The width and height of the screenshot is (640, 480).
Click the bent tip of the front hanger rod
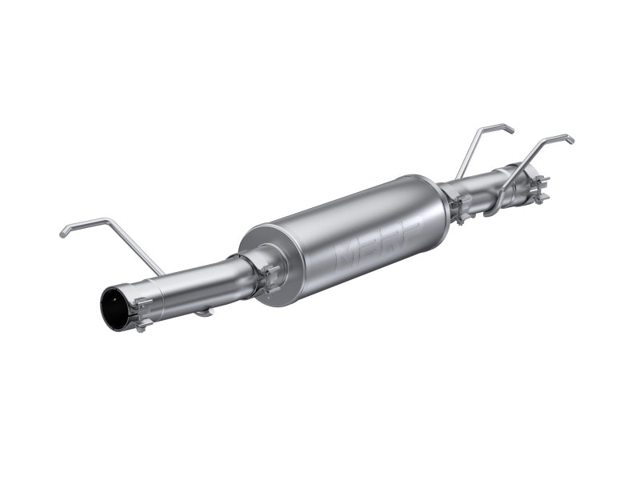[x=64, y=234]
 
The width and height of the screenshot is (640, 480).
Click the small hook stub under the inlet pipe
[x=204, y=313]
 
